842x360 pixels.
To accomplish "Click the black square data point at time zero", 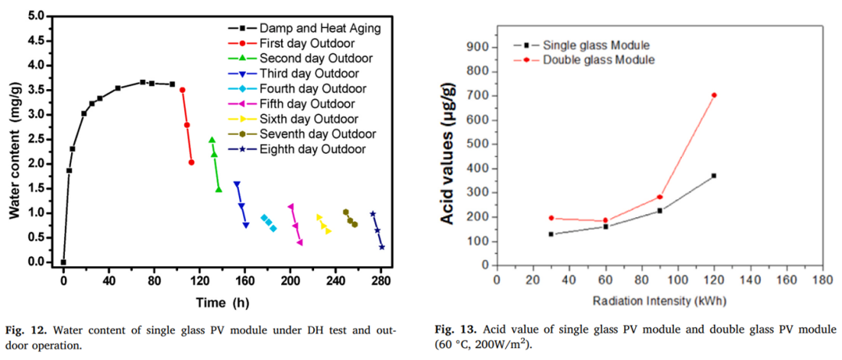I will click(x=63, y=262).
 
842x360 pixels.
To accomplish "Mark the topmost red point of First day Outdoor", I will click(x=182, y=90).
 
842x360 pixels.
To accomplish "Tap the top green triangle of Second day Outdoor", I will click(x=212, y=141).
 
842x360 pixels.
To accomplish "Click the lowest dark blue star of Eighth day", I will click(x=382, y=248).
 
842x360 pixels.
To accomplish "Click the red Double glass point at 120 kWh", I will click(x=714, y=95).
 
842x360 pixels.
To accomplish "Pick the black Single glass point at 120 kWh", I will click(x=714, y=176).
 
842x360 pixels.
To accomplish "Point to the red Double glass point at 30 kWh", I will click(x=551, y=219).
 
